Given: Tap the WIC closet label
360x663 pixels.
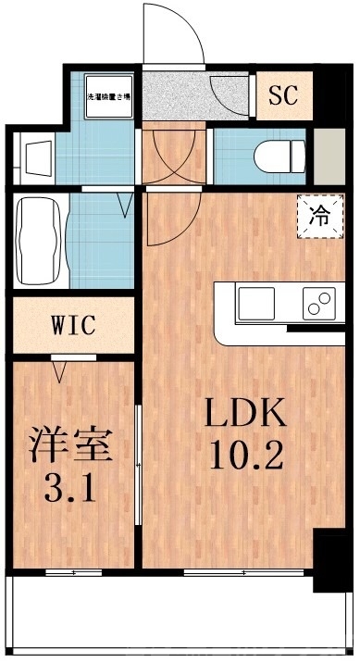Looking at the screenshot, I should tap(72, 325).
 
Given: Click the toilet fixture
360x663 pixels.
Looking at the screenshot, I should tap(278, 152).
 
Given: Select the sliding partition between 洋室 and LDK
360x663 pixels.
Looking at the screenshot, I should tap(139, 463).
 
